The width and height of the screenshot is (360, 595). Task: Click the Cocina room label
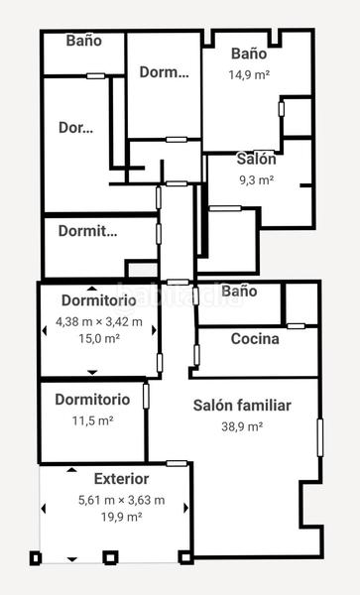[255, 338]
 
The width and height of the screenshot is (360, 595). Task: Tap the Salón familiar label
[242, 406]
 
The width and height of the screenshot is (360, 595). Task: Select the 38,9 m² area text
[242, 426]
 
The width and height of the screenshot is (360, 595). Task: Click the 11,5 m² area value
[92, 420]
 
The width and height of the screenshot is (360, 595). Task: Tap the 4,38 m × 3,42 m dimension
[99, 321]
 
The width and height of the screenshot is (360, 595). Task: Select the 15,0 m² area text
[99, 338]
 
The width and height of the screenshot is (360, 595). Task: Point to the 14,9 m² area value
[249, 74]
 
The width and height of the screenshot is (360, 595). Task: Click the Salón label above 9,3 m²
[256, 159]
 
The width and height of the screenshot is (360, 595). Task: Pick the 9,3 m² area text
[256, 179]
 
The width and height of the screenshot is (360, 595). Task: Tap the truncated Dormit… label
[87, 232]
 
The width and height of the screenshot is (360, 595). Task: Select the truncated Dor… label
[76, 128]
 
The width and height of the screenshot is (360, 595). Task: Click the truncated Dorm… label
[164, 71]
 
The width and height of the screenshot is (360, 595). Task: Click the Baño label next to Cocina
[239, 291]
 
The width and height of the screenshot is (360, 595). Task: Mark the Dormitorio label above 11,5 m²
[92, 400]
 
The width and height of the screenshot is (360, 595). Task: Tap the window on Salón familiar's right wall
[319, 437]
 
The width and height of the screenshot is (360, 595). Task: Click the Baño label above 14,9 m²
[249, 54]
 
